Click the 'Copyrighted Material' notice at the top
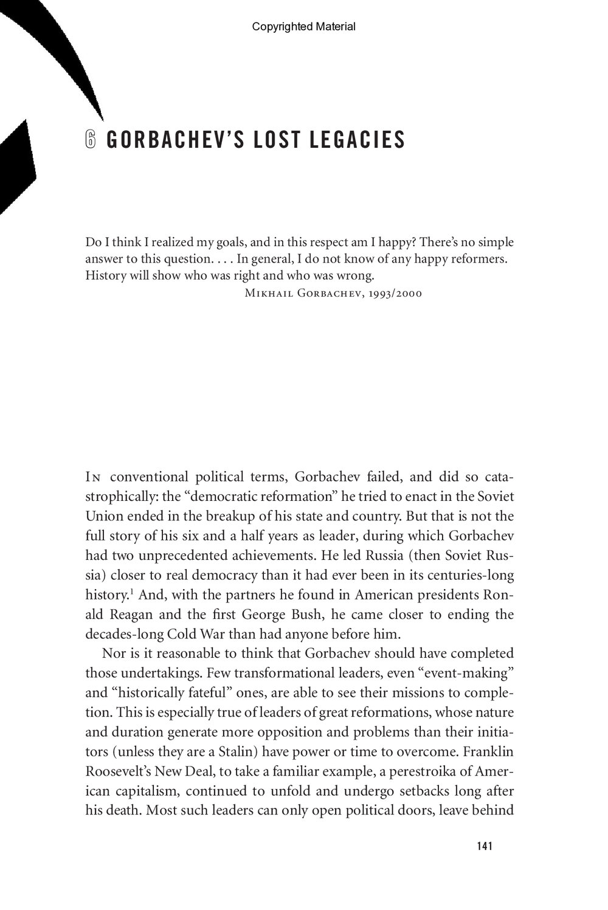tap(303, 26)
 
